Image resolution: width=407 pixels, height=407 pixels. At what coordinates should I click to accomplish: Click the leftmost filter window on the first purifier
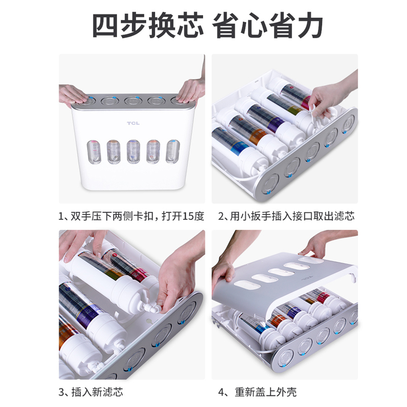[93, 151]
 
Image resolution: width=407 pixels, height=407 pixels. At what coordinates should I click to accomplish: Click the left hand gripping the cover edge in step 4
[224, 275]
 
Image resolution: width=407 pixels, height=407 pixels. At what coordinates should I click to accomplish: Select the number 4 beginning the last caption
[222, 392]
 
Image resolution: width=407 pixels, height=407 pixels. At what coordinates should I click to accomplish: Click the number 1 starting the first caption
[62, 216]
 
